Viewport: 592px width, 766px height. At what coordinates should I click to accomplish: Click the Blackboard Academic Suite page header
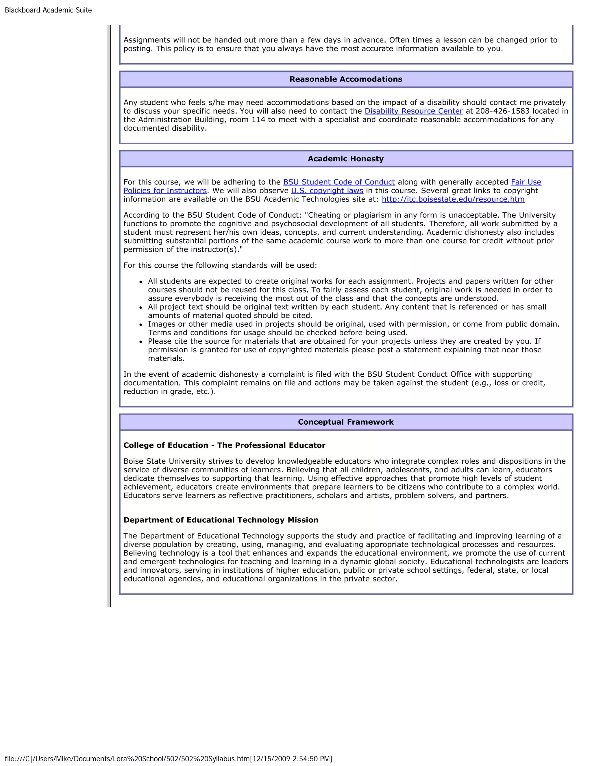tap(48, 10)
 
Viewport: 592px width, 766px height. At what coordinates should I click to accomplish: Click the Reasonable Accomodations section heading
tap(345, 79)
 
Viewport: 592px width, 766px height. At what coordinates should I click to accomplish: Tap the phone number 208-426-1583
tap(502, 111)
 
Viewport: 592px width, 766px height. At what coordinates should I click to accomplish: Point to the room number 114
tap(258, 120)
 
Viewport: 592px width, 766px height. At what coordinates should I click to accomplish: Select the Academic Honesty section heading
tap(345, 159)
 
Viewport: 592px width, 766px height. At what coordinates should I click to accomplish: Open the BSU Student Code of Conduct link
tap(339, 182)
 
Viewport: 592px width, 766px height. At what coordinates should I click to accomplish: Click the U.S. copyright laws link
tap(327, 191)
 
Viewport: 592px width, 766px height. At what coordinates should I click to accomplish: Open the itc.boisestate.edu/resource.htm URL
tap(453, 199)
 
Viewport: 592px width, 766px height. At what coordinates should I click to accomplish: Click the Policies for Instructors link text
tap(165, 191)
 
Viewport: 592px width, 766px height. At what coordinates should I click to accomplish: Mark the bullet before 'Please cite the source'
tap(141, 342)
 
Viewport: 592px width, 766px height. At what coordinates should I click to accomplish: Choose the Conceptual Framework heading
tap(345, 422)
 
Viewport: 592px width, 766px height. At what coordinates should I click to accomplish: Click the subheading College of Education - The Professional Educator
tap(224, 445)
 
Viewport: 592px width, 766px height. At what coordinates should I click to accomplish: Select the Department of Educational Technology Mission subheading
tap(221, 520)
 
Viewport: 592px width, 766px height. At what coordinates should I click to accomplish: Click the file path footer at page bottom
tap(168, 759)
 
